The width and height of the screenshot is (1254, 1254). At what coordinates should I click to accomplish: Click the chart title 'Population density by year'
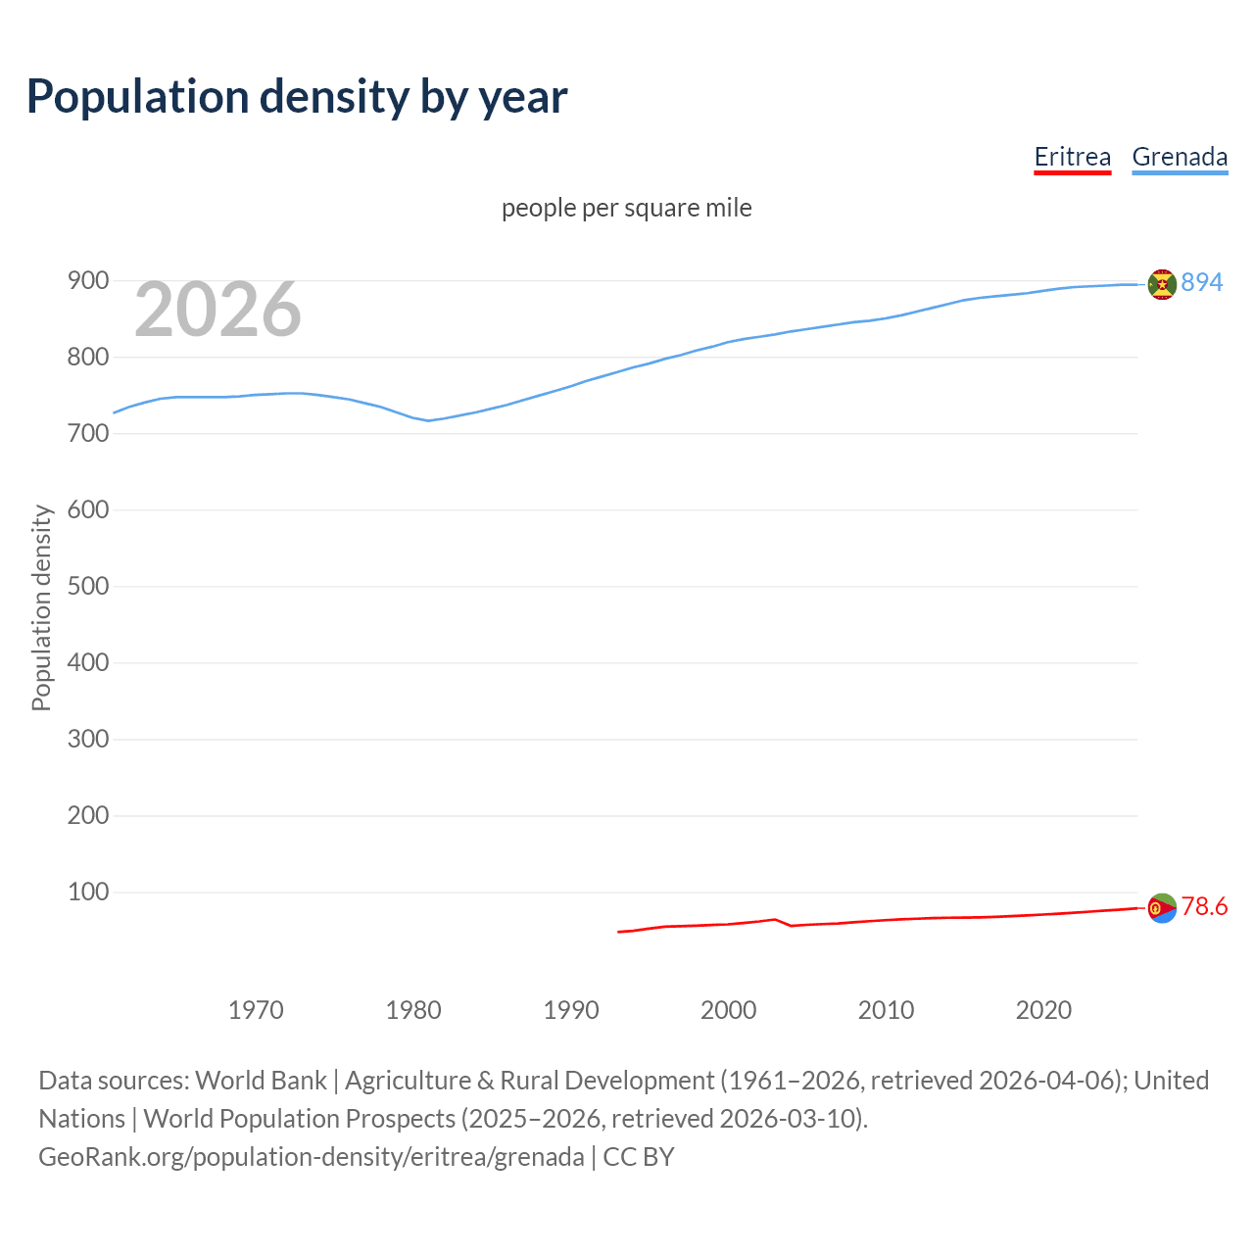(x=297, y=96)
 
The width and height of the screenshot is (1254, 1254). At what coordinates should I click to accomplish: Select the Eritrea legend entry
(x=1072, y=157)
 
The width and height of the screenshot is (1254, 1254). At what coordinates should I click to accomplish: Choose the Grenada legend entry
(x=1180, y=157)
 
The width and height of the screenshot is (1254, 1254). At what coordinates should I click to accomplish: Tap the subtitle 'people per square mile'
(x=626, y=208)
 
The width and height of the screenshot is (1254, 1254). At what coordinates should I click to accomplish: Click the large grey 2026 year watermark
(x=217, y=310)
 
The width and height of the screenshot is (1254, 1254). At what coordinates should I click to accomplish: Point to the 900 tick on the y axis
(x=87, y=281)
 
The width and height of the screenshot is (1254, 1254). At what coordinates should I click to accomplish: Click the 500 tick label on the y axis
(x=87, y=587)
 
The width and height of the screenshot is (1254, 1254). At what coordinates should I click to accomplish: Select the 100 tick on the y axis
(x=87, y=892)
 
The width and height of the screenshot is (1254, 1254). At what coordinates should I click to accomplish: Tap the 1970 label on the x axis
(x=256, y=1010)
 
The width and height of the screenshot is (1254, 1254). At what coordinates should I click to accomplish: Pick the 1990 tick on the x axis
(x=571, y=1010)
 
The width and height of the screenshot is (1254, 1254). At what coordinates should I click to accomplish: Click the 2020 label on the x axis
(x=1043, y=1010)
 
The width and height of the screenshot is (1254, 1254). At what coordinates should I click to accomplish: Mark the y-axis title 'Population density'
(x=41, y=607)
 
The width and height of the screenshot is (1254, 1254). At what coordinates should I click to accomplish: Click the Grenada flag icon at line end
(x=1162, y=284)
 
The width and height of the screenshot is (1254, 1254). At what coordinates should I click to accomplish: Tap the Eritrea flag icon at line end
(x=1162, y=908)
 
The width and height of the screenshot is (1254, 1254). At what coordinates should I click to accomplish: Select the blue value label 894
(x=1202, y=282)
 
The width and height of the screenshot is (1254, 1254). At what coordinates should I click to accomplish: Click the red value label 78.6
(x=1204, y=906)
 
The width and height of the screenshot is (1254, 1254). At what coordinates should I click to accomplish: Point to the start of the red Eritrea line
(x=618, y=932)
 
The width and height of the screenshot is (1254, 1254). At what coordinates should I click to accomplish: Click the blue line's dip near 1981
(x=428, y=420)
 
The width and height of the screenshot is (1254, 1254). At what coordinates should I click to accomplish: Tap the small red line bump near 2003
(x=775, y=919)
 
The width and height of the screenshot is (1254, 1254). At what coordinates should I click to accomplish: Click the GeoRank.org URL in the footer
(x=312, y=1157)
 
